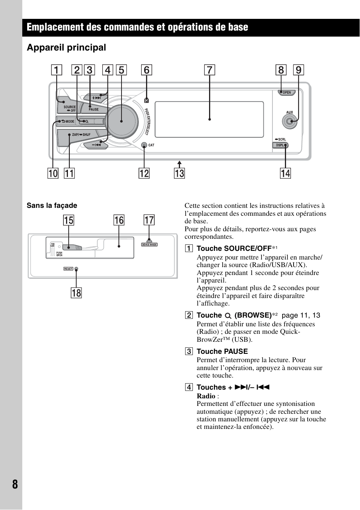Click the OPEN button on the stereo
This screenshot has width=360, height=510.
[286, 92]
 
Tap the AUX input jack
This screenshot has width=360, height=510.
[289, 121]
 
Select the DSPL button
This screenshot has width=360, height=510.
[280, 145]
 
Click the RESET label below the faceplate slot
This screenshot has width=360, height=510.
[68, 269]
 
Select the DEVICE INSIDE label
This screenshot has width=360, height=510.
[149, 245]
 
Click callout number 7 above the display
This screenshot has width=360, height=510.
[209, 70]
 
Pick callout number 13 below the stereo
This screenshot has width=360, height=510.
[179, 174]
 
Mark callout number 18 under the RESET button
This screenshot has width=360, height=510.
[76, 293]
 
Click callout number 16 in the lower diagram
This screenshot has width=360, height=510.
[119, 220]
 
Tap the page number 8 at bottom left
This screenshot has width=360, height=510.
[15, 484]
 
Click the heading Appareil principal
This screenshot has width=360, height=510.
[66, 48]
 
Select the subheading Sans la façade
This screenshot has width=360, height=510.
[52, 206]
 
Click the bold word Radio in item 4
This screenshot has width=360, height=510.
[206, 396]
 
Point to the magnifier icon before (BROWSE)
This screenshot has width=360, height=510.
[228, 316]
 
